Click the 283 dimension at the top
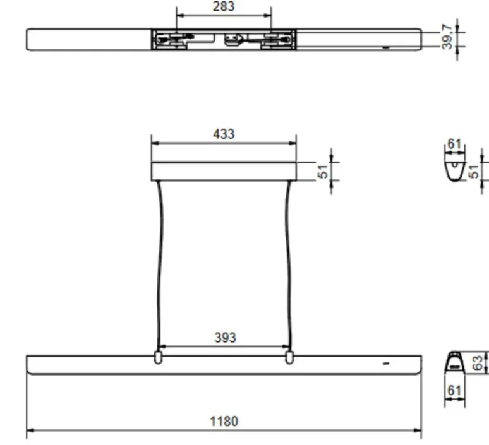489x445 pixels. (224, 6)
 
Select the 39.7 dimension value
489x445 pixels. (447, 37)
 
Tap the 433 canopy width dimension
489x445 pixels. (224, 134)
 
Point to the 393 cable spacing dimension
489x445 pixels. (225, 338)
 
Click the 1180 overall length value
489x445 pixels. (224, 421)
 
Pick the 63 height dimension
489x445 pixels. (478, 363)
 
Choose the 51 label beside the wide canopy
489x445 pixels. (323, 171)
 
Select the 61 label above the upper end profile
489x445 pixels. (454, 144)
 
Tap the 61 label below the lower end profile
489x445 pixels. (454, 391)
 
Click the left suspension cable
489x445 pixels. (159, 265)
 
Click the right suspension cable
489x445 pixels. (289, 265)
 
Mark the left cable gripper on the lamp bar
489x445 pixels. (158, 357)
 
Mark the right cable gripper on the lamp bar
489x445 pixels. (289, 357)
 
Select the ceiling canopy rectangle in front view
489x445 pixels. (224, 171)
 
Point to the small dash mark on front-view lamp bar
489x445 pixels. (386, 363)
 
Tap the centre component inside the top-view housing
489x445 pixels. (233, 39)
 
